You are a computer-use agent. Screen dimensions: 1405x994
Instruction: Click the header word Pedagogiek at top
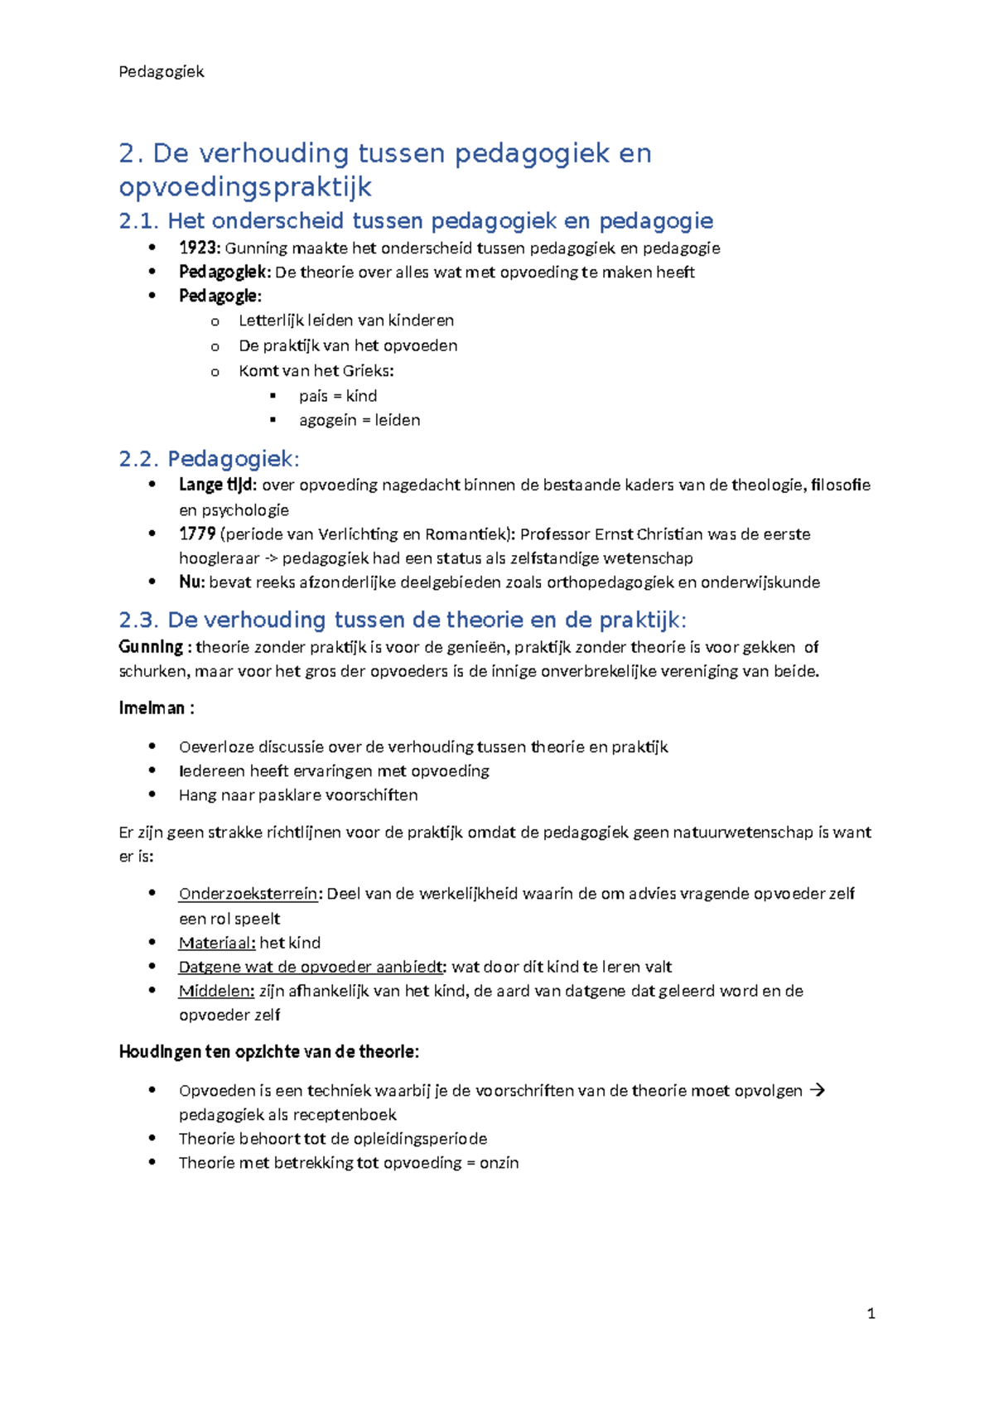click(161, 71)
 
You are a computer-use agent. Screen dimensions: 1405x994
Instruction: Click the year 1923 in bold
click(199, 248)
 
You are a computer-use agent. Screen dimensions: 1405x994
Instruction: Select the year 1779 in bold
click(197, 534)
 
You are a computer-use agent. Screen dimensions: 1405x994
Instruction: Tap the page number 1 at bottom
click(871, 1313)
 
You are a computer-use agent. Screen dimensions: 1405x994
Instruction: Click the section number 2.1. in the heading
click(139, 220)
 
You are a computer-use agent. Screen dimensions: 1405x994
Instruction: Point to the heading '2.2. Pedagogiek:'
click(209, 459)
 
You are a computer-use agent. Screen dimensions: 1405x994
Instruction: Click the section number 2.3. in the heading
click(139, 620)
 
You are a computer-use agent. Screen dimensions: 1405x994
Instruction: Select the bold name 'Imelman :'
click(157, 707)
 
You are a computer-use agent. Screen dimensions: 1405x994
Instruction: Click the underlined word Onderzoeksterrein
click(248, 893)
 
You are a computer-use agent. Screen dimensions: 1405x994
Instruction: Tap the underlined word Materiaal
click(216, 942)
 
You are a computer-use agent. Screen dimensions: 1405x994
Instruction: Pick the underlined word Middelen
click(216, 990)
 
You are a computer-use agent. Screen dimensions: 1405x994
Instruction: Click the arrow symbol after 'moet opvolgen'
click(817, 1090)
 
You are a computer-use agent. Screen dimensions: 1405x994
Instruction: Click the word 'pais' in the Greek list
click(313, 396)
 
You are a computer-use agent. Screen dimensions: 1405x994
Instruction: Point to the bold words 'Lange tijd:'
click(218, 485)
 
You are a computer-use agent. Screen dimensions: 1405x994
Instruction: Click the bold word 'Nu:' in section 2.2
click(191, 582)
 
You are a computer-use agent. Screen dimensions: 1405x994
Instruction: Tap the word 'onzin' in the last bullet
click(499, 1162)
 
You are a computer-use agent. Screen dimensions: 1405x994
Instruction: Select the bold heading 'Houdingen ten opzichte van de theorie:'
click(268, 1051)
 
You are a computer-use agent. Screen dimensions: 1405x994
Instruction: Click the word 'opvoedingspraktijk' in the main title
click(245, 187)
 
